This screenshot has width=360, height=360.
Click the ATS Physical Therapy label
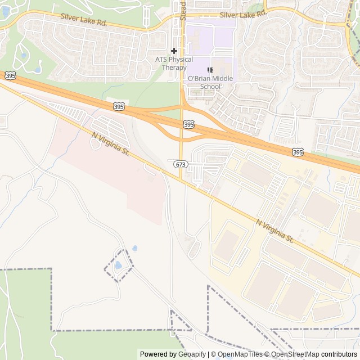click(x=174, y=64)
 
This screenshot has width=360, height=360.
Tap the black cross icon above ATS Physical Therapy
click(x=174, y=51)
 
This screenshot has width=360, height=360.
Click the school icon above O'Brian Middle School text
click(x=209, y=70)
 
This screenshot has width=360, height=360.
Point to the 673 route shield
click(x=180, y=164)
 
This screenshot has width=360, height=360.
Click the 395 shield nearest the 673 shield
click(x=188, y=124)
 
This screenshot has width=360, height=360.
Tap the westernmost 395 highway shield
click(x=10, y=75)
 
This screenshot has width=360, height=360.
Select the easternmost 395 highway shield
click(x=298, y=152)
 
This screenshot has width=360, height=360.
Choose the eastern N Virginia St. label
click(x=275, y=231)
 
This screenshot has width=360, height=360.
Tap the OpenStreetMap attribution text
click(x=292, y=354)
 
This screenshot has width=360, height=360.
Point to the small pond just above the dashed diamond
click(x=134, y=248)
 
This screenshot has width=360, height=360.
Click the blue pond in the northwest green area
click(x=37, y=70)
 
